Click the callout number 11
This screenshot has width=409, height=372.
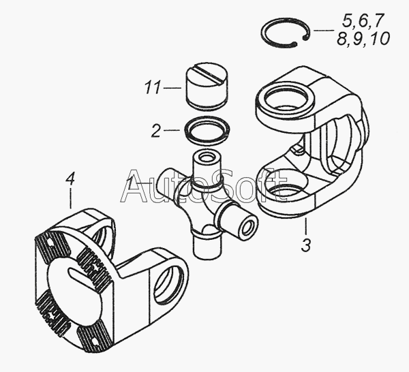[x=153, y=87]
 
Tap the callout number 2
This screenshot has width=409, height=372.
[x=156, y=130]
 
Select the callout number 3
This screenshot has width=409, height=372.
[x=306, y=245]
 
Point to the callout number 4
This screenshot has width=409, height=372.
[x=70, y=179]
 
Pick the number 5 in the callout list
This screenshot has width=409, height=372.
[x=348, y=20]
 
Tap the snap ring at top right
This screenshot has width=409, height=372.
[x=286, y=33]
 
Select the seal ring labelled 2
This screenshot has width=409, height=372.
[x=207, y=129]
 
